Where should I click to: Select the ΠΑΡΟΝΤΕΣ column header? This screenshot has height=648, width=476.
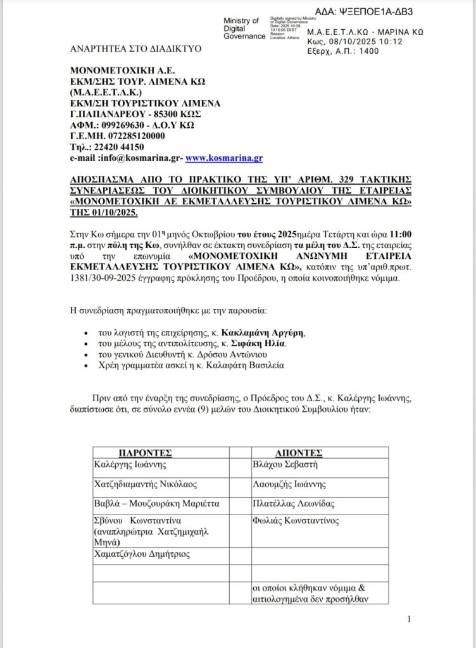pyautogui.click(x=146, y=453)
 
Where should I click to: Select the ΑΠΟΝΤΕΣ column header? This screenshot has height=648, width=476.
pyautogui.click(x=299, y=453)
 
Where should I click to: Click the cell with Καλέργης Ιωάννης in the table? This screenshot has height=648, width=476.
pyautogui.click(x=161, y=465)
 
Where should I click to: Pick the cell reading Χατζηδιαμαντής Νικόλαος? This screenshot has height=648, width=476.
pyautogui.click(x=161, y=485)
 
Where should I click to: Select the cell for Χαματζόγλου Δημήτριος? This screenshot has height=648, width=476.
pyautogui.click(x=161, y=554)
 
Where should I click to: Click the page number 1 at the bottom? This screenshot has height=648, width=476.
pyautogui.click(x=410, y=619)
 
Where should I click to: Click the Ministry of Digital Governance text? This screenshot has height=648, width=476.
pyautogui.click(x=244, y=28)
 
